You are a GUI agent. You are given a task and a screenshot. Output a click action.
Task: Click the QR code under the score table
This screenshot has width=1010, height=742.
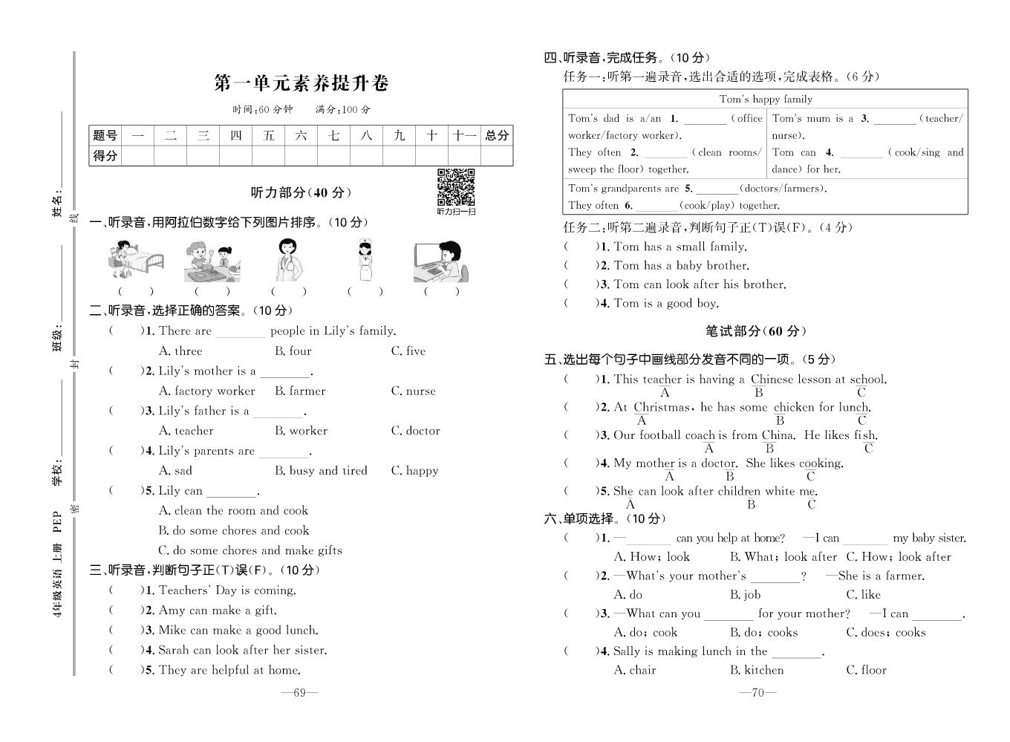(x=455, y=186)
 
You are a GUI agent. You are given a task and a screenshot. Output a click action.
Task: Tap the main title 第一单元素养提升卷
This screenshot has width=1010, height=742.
(x=301, y=83)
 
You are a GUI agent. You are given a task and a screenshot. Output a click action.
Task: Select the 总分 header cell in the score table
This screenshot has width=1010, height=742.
(x=497, y=135)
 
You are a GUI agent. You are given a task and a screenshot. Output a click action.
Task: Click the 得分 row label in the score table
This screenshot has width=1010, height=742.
(x=105, y=155)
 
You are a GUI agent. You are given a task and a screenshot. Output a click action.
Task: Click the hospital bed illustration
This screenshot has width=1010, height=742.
(x=135, y=260)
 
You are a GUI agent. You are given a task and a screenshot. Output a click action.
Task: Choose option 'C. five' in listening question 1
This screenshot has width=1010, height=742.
(x=408, y=351)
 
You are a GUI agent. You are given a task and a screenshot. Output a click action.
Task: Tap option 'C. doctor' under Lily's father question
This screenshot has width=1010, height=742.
(x=415, y=431)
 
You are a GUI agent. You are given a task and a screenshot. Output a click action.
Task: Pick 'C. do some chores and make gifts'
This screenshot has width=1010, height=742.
(x=250, y=551)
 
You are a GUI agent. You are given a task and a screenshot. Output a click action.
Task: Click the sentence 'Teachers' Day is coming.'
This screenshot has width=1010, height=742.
(x=227, y=591)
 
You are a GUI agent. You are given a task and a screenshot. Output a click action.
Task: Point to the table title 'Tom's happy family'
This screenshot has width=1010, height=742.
(x=766, y=100)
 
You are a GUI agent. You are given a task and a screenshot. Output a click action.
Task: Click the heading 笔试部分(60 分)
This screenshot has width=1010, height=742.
(x=755, y=331)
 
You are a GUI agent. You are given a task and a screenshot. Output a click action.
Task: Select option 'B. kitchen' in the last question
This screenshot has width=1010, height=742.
(x=757, y=671)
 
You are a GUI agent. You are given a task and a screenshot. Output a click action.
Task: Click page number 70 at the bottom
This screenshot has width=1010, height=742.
(x=757, y=693)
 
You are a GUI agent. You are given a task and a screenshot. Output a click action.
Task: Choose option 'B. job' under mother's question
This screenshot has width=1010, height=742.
(x=746, y=595)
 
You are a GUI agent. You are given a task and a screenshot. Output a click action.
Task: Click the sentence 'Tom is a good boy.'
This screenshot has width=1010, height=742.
(x=666, y=304)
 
